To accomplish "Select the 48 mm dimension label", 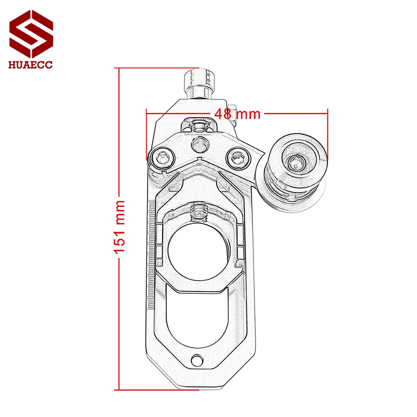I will click(x=237, y=113).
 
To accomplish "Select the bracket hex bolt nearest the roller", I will click(x=236, y=157).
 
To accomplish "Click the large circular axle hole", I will click(x=199, y=251).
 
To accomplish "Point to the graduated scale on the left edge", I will click(x=151, y=254).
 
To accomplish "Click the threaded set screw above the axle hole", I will click(x=199, y=213).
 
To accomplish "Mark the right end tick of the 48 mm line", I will click(x=328, y=133).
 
